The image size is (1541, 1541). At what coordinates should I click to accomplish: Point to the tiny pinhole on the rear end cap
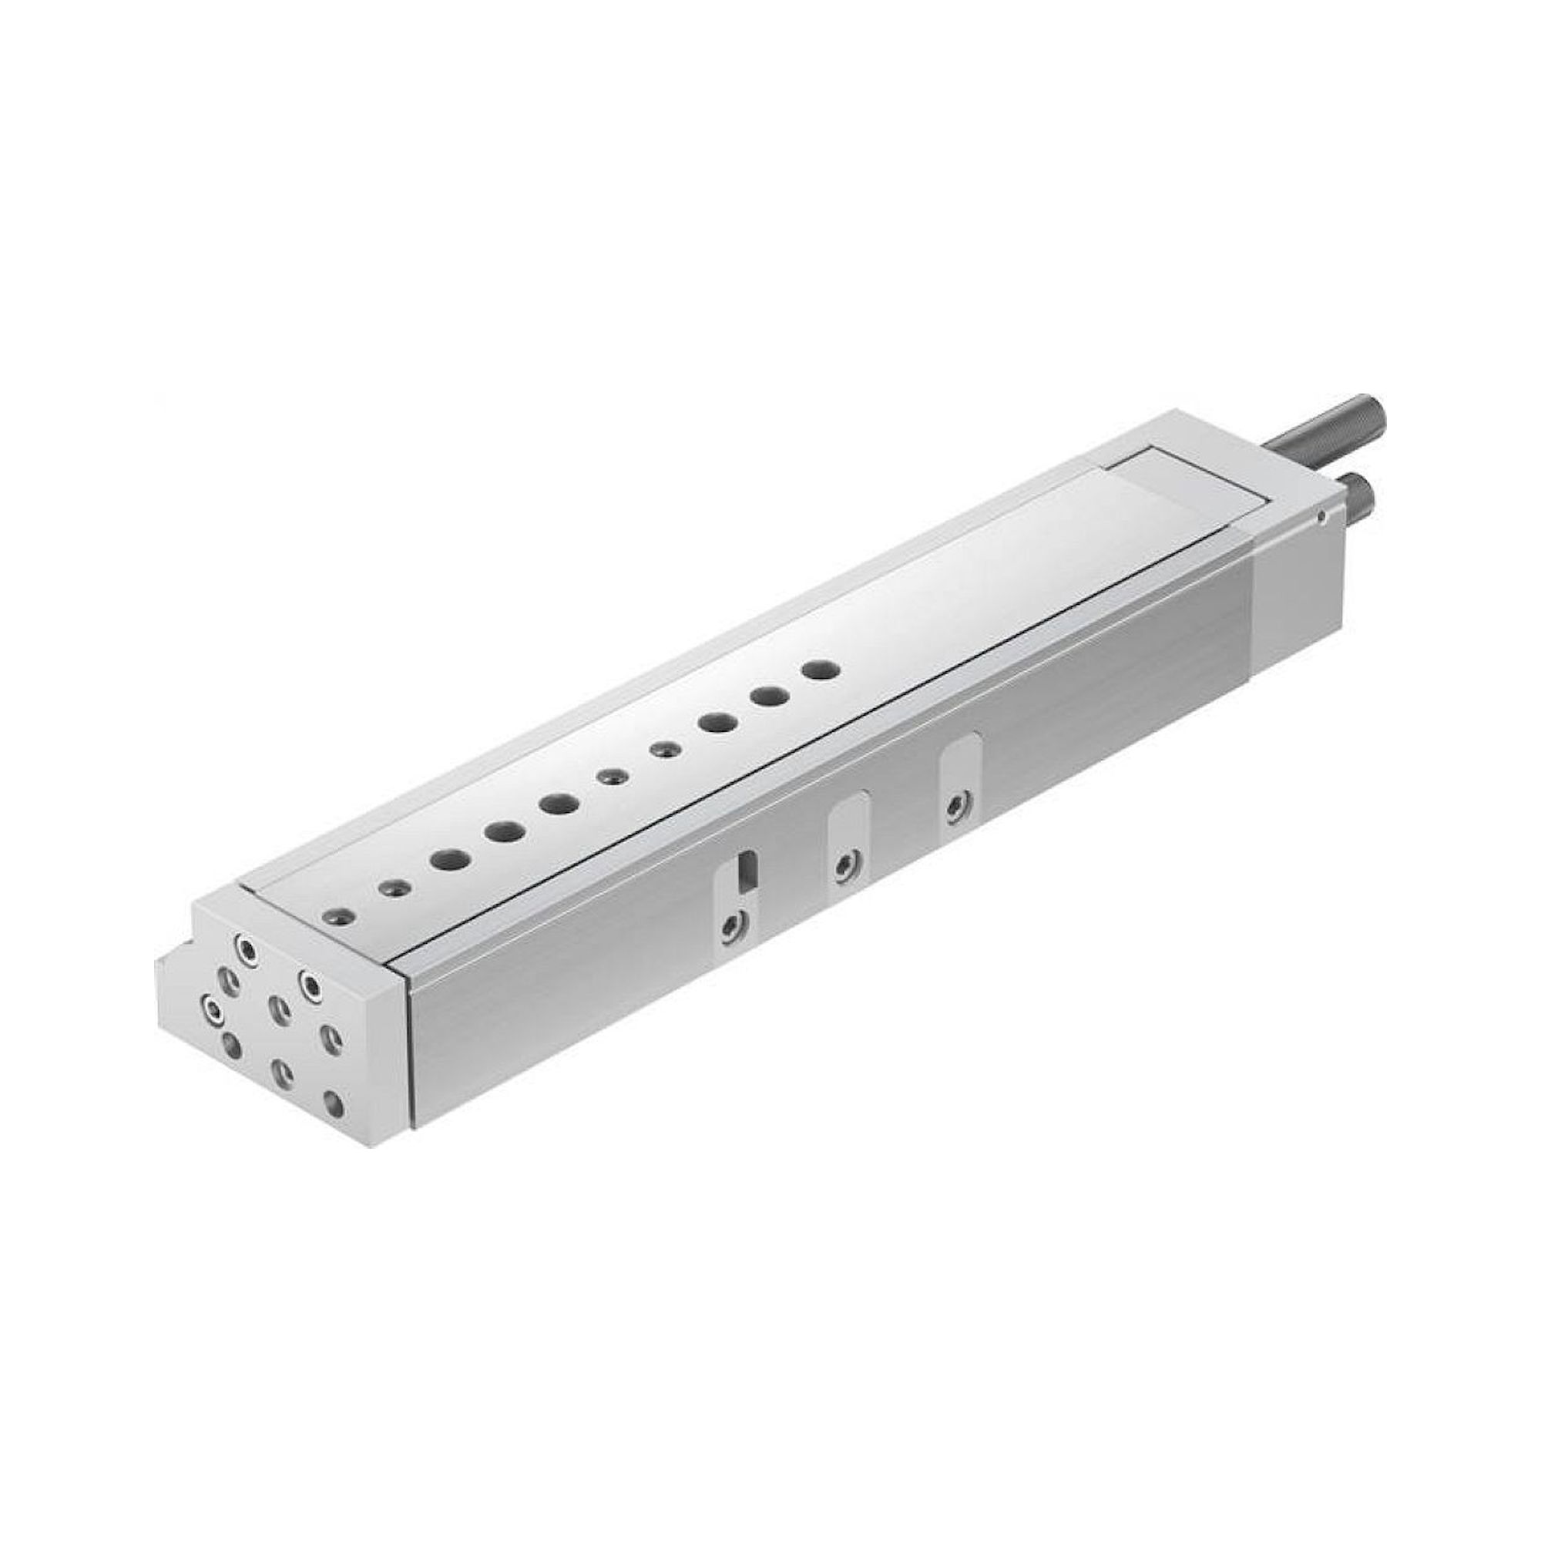click(x=1321, y=518)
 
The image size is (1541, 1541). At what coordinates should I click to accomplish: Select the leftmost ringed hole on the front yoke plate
click(x=213, y=1010)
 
